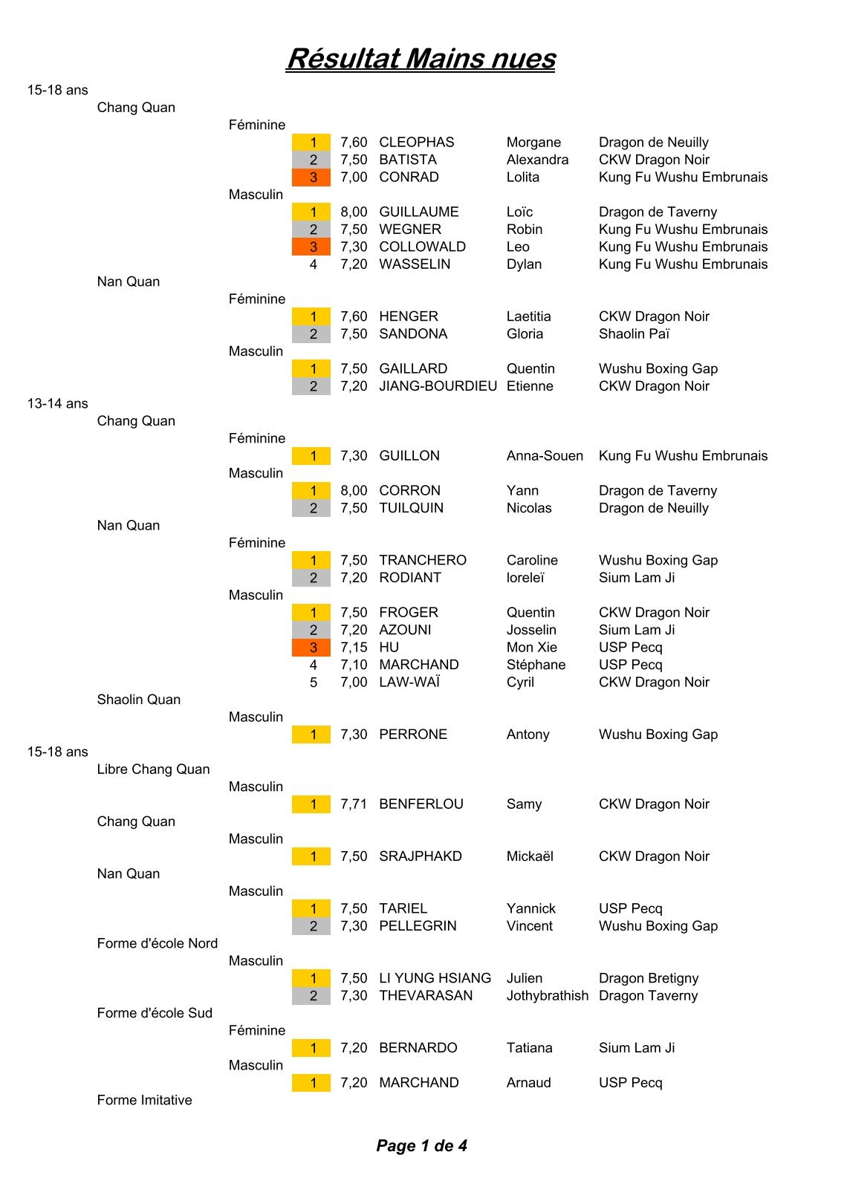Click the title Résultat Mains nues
421,59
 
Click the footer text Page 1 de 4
421,1145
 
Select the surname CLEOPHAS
416,143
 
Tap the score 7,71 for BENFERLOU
354,804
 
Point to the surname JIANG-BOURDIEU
438,386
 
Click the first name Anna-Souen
545,456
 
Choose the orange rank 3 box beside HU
311,648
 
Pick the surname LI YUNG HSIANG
435,978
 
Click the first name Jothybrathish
547,996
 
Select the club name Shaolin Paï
634,334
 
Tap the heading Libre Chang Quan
153,769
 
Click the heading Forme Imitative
144,1100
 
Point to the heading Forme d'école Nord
157,943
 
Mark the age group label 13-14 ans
57,404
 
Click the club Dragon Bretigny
648,978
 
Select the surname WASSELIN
414,264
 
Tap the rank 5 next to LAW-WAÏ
314,683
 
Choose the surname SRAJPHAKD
420,856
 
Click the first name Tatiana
529,1048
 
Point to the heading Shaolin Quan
138,700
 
